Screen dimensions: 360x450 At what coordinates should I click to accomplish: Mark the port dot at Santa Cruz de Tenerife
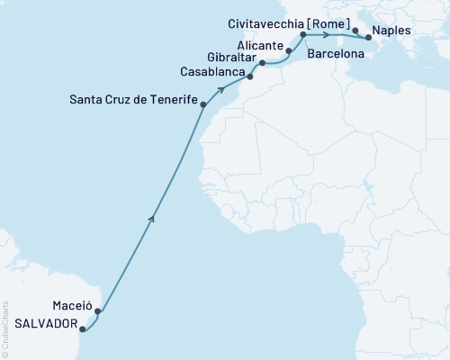pos(203,105)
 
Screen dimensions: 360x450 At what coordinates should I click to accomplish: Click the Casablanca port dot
pos(250,76)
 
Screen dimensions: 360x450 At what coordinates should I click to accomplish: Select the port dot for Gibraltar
pos(262,63)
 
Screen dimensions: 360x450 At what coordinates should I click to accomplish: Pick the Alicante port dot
pos(288,50)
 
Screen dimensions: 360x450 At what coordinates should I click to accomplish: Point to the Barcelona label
pos(337,54)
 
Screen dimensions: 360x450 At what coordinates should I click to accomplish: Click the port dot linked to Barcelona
pos(302,35)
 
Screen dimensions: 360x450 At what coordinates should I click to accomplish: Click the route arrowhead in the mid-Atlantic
pos(154,215)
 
